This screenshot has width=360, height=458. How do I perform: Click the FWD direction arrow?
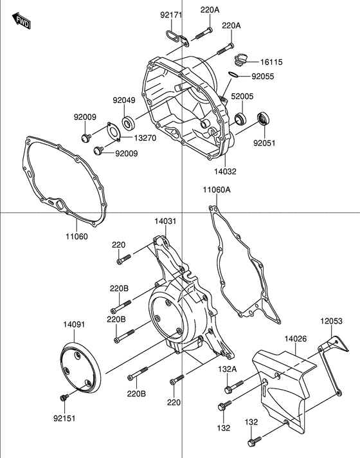[22, 24]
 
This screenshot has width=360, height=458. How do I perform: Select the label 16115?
[271, 62]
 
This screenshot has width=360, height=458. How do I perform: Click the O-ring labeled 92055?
[235, 75]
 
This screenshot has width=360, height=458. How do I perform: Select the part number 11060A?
[216, 190]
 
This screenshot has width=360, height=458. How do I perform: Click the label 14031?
[165, 221]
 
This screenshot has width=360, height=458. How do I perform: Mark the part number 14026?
[296, 338]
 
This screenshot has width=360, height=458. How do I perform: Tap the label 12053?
[332, 320]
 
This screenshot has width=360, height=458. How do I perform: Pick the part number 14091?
[74, 324]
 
